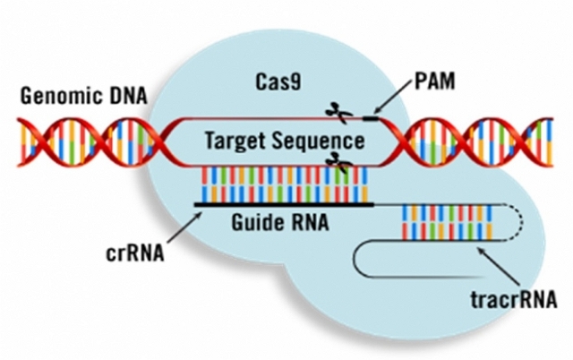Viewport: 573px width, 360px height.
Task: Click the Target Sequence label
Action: point(285,141)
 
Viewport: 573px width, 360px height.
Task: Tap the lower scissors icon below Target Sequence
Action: point(338,161)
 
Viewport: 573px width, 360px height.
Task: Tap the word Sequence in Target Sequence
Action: point(324,141)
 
